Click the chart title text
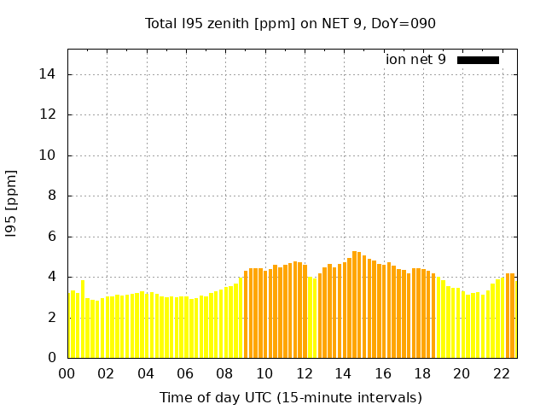tap(290, 24)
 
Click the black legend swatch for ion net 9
tap(478, 60)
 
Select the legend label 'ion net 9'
tap(415, 60)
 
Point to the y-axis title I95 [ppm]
tap(12, 203)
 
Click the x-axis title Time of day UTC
tap(290, 397)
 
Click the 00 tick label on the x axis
tap(67, 374)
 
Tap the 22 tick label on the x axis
tap(502, 374)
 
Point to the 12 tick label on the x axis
tap(305, 374)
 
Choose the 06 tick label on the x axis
tap(186, 374)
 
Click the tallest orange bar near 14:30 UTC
tap(354, 304)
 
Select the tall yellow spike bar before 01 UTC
tap(83, 319)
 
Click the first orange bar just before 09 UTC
tap(246, 314)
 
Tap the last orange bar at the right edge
tap(512, 315)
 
